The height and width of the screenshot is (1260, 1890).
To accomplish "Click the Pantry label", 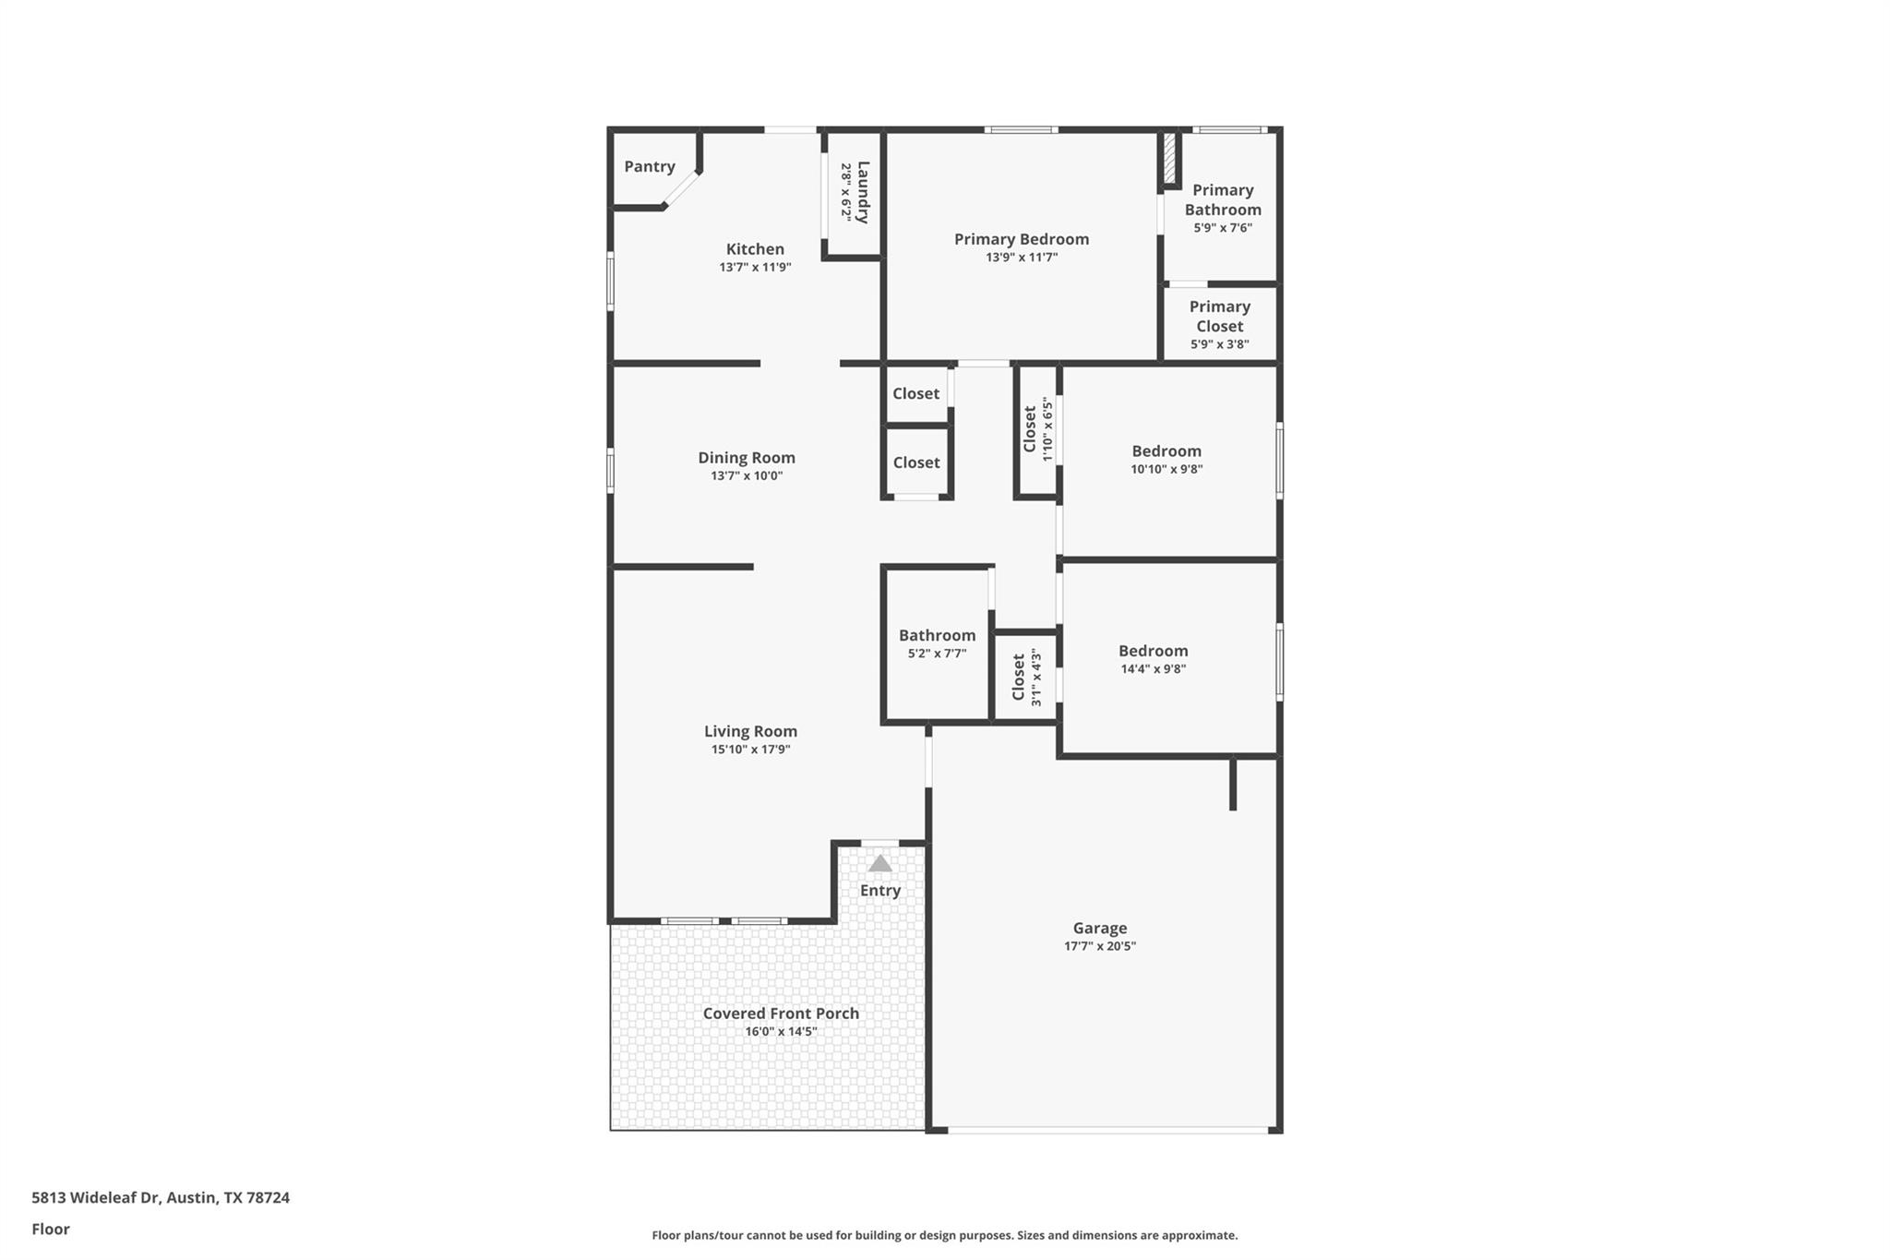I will (649, 166).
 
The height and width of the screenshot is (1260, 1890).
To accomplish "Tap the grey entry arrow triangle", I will (880, 864).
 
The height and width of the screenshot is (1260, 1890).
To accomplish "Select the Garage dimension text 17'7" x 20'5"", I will (1099, 946).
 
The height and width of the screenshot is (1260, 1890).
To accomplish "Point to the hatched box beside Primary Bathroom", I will (1169, 159).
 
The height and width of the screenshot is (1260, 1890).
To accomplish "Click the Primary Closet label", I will (1219, 316).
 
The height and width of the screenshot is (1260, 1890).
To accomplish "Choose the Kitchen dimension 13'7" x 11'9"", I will (755, 268).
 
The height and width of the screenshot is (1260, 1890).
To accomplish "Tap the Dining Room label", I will (746, 458).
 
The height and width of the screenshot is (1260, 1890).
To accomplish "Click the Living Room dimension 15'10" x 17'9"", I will (750, 750).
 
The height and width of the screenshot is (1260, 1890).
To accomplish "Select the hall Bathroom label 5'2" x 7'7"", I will (937, 635).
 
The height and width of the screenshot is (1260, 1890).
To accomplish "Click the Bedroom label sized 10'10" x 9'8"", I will (1166, 451).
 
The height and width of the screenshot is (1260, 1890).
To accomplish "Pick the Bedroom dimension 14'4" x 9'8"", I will (1153, 669).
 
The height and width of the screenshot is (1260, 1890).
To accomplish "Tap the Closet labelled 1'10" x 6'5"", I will (1030, 429).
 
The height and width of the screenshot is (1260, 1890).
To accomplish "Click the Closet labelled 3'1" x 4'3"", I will (1019, 678).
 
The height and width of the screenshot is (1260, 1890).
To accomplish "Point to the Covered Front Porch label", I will (781, 1014).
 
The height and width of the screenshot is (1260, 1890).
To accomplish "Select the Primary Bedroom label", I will (1021, 239).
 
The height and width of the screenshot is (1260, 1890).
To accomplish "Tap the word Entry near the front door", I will (879, 891).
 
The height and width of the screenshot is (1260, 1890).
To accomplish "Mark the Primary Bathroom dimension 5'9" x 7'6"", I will (1222, 228).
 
